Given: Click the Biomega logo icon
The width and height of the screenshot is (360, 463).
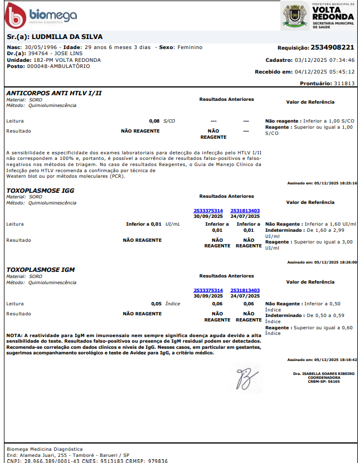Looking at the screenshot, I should (x=15, y=16).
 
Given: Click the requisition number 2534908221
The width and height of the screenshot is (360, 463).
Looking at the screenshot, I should (x=332, y=47).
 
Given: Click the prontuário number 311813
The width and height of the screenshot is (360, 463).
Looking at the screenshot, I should (x=344, y=83).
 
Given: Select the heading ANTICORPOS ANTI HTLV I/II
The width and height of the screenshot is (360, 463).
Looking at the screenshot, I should (x=54, y=92).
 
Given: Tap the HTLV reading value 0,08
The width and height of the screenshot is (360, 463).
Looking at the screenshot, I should (x=154, y=121).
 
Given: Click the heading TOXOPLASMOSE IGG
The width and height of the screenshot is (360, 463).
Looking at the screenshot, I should (x=40, y=190).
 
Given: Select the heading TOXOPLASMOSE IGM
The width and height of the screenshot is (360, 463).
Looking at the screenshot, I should (x=40, y=270).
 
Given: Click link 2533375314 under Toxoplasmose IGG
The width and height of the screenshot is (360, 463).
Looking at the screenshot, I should (x=208, y=211).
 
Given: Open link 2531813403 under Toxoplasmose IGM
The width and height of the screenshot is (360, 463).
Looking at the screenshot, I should (x=245, y=290).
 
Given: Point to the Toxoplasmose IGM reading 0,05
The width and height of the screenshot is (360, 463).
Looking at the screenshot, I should (x=157, y=304).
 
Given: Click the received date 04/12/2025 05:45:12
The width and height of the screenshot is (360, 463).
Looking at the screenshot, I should (x=333, y=71).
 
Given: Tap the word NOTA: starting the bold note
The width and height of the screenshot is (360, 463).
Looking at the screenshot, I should (x=13, y=335).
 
